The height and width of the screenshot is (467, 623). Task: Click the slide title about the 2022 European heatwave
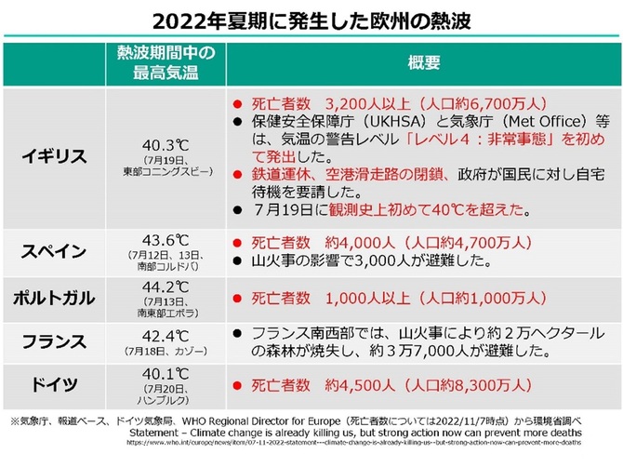[311, 19]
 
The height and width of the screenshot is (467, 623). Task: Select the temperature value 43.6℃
[165, 238]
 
